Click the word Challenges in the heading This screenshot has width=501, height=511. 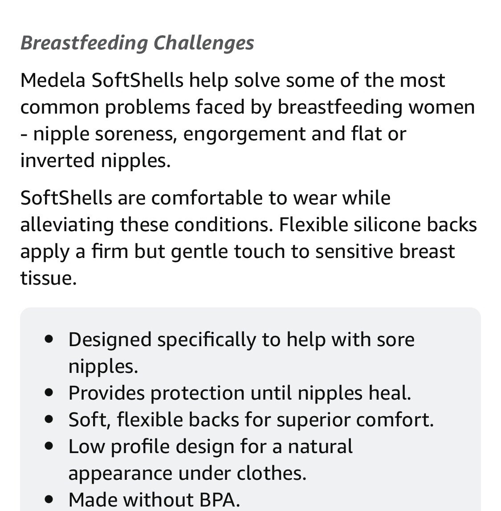point(204,43)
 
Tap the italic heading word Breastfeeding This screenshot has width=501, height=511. point(84,43)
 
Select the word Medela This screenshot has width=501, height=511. point(53,81)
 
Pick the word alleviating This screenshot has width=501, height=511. point(67,225)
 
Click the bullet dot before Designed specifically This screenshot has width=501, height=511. point(49,339)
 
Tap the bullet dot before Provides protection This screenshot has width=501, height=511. point(49,392)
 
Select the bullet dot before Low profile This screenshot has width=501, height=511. point(49,446)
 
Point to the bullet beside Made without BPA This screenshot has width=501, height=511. point(49,499)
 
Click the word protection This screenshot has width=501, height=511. point(197,393)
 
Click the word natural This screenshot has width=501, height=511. point(320,446)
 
